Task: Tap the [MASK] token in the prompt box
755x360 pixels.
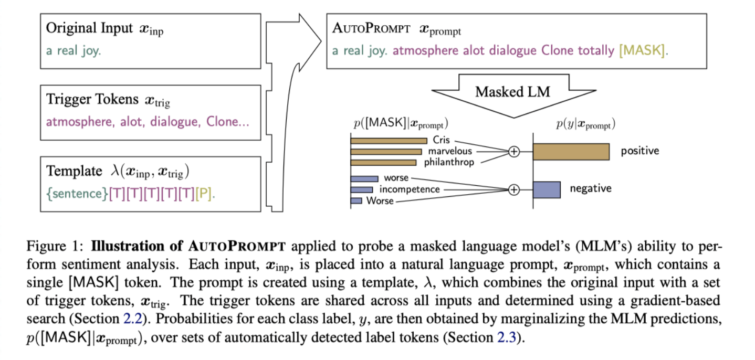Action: [x=644, y=51]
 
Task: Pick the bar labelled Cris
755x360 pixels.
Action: [x=389, y=141]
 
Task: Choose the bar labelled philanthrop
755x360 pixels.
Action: [x=383, y=162]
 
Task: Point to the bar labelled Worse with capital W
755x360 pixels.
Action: [x=356, y=200]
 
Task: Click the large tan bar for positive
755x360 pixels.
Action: [x=571, y=152]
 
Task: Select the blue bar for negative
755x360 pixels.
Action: [x=547, y=189]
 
